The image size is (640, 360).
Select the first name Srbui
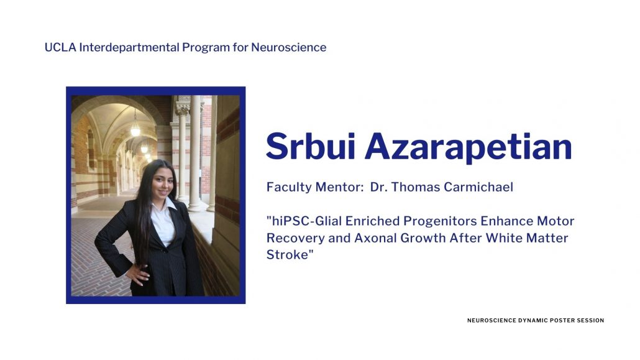pyautogui.click(x=311, y=146)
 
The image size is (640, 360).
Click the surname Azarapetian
pyautogui.click(x=469, y=147)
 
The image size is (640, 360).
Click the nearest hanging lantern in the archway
pyautogui.click(x=135, y=130)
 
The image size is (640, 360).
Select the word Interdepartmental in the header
pyautogui.click(x=129, y=47)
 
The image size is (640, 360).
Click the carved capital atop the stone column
pyautogui.click(x=183, y=108)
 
